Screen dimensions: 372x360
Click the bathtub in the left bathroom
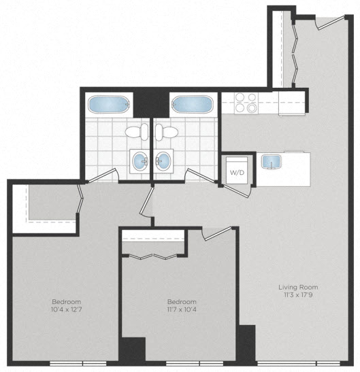tap(108, 105)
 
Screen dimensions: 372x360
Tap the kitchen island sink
tap(269, 162)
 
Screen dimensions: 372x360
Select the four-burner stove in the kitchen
tap(246, 103)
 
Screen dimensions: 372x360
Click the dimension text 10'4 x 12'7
tap(67, 310)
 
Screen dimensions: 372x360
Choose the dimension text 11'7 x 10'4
tap(182, 310)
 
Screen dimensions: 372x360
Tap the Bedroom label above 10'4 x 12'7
tap(67, 301)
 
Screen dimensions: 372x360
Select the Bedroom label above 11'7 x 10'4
tap(182, 301)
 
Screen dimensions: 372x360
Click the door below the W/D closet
tap(236, 191)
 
